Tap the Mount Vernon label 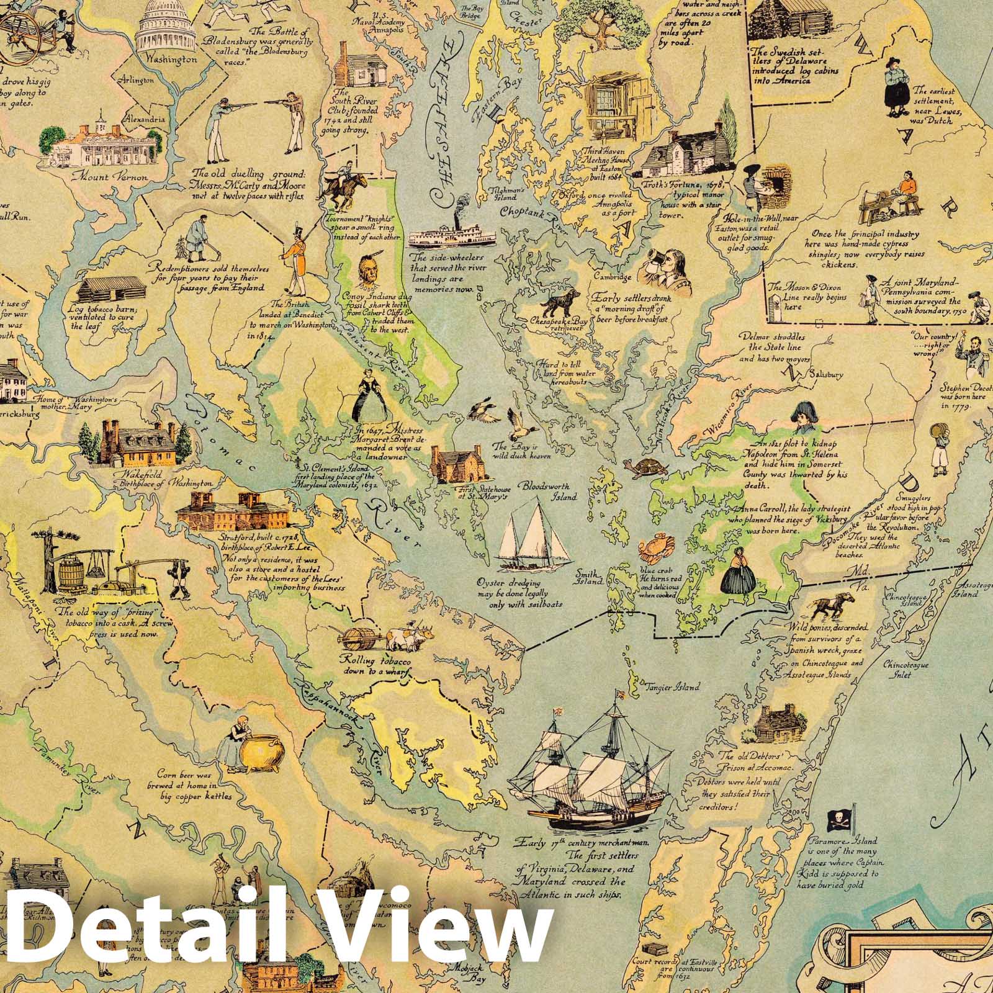point(110,177)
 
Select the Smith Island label point(589,579)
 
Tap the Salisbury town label point(825,375)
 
